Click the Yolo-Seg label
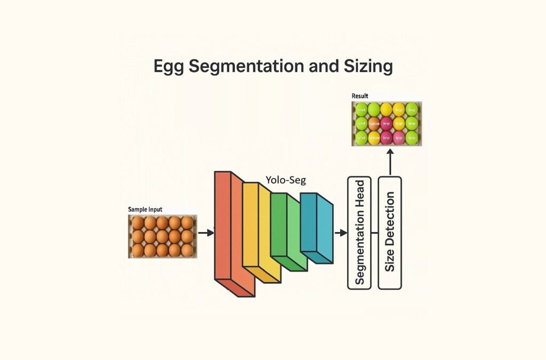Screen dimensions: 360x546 [x=285, y=180]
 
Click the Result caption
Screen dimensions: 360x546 [x=359, y=96]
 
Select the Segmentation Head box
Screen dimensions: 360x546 [x=359, y=233]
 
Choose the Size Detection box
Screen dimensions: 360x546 [x=389, y=233]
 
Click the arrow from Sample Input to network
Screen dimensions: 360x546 [x=205, y=233]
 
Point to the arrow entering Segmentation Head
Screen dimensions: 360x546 [x=340, y=233]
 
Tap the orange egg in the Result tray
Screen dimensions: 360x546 [x=374, y=124]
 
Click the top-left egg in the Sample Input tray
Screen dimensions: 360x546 [x=138, y=223]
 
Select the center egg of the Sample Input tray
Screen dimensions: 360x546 [x=162, y=236]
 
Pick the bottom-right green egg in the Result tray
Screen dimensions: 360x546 [x=412, y=138]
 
